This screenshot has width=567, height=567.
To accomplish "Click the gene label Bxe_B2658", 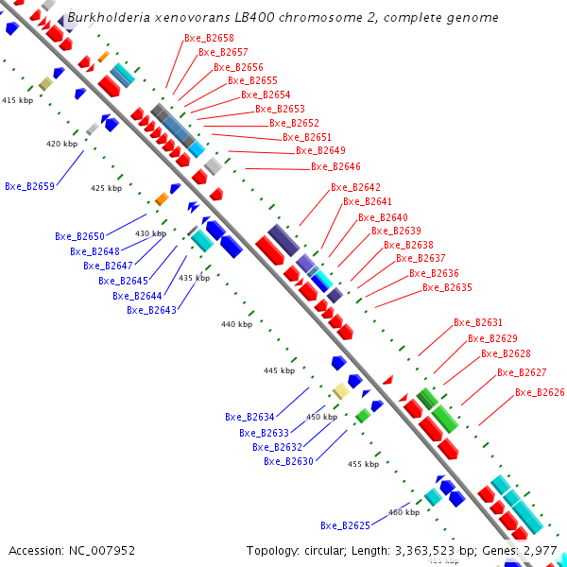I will coord(209,38).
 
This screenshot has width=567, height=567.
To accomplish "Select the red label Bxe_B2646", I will coord(335,166).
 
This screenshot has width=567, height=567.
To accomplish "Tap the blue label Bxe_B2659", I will coord(29,186).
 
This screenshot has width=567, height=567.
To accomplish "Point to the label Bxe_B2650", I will coord(79,236).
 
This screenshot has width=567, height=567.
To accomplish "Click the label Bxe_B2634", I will coord(249,417).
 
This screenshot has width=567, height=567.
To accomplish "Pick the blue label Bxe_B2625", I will coord(345,525).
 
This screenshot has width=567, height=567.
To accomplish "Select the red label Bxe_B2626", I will coord(540,392).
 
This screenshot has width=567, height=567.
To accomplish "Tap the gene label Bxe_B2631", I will coord(478,322).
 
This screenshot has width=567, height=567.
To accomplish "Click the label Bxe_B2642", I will coord(355,187).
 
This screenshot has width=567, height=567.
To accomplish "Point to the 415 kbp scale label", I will coord(17,100).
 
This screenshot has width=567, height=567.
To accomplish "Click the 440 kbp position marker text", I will coord(236,324).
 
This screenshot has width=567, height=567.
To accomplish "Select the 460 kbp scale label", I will coord(404,512).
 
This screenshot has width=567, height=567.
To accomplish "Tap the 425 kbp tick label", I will coord(106,188).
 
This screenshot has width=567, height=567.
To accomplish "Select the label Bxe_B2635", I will coord(447,287).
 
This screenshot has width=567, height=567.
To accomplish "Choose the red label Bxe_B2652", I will coord(294,123).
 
